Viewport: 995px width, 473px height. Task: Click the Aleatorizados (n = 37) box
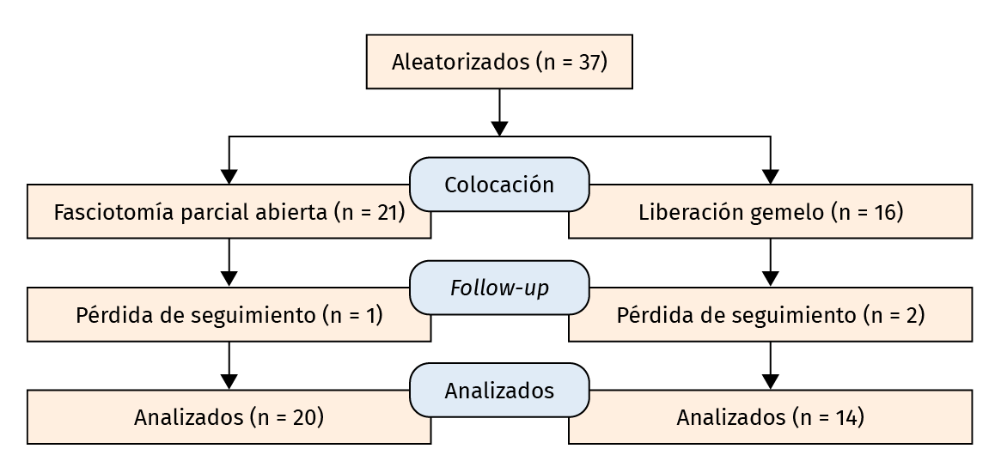(499, 62)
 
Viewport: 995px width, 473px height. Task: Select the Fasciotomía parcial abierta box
(229, 212)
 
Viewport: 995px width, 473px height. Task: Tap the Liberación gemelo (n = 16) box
(771, 212)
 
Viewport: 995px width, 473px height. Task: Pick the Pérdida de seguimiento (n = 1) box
(229, 315)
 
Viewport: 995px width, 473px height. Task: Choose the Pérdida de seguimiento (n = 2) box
(771, 315)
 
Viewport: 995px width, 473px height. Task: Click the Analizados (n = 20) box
(229, 418)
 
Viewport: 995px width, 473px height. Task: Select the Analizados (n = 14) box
(771, 418)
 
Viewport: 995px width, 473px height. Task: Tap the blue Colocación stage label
(499, 185)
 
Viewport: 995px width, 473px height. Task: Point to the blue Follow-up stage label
(499, 288)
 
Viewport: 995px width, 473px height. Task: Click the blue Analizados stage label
(499, 391)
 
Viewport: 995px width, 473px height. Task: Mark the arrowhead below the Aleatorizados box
(499, 129)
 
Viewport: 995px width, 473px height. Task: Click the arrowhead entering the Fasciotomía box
(229, 177)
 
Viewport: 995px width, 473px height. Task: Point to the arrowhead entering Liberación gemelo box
(771, 177)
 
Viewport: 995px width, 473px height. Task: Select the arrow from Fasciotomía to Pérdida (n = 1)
(229, 263)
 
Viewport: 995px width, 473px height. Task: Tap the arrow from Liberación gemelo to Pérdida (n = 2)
(771, 263)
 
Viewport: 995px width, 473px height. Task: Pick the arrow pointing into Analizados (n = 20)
(229, 366)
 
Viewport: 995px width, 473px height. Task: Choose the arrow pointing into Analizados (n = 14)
(771, 366)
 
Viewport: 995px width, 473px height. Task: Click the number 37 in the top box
(589, 63)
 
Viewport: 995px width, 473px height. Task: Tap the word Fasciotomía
(114, 213)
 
